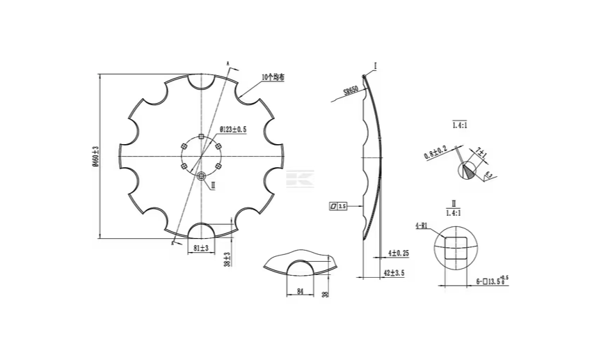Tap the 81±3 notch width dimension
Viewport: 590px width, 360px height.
[x=200, y=248]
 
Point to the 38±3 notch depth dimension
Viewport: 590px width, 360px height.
[x=227, y=259]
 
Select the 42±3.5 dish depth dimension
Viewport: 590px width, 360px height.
[x=394, y=272]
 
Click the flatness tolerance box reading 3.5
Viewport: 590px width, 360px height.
[x=337, y=206]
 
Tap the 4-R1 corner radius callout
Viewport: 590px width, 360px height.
[x=421, y=226]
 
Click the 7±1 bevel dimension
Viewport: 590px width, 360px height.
[x=480, y=152]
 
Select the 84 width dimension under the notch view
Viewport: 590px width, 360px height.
[x=300, y=292]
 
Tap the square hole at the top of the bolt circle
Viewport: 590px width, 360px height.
[x=201, y=136]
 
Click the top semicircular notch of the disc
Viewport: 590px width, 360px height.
[x=201, y=80]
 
